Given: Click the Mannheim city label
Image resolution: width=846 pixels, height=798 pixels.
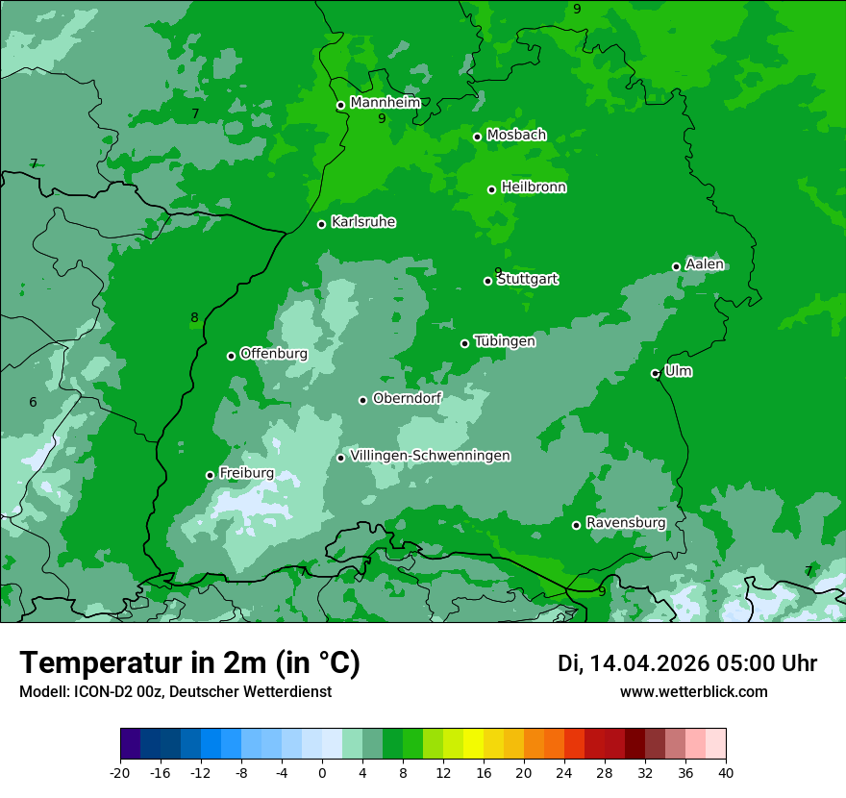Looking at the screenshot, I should tap(386, 103).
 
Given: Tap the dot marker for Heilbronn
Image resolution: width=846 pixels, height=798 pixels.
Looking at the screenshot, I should tap(491, 189).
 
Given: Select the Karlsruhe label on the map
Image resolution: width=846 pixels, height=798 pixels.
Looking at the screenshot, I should tap(363, 222).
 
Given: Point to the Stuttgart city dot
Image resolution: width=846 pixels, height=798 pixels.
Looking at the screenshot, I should tap(487, 281).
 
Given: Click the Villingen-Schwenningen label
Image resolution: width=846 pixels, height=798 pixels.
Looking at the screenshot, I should tap(431, 456).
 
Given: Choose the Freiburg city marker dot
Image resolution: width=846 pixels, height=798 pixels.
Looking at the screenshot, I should tap(210, 475).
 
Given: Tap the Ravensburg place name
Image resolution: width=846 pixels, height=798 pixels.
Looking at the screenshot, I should tap(626, 523).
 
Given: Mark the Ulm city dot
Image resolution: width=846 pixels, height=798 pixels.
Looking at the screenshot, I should tap(655, 373).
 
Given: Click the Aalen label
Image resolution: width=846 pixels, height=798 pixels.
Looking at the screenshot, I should tap(705, 264).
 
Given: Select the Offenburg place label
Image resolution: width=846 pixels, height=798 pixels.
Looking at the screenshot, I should tap(274, 354).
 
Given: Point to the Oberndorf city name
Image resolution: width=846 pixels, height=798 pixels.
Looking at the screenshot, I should tap(408, 398).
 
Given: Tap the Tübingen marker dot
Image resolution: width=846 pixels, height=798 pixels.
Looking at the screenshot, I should tap(464, 343).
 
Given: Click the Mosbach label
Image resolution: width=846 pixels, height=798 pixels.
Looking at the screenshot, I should tap(516, 136).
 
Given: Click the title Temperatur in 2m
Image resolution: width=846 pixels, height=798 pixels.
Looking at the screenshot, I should tap(189, 663).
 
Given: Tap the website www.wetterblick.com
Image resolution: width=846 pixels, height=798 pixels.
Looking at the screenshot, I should tap(693, 691).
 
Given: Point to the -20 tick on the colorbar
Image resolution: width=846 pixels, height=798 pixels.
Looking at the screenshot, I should tap(120, 772).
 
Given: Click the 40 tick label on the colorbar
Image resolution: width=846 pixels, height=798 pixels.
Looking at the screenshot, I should tap(726, 772).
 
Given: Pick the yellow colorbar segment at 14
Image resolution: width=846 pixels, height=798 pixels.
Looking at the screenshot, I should tap(473, 744).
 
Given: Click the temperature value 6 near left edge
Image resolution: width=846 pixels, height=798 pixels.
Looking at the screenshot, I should tap(33, 402).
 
